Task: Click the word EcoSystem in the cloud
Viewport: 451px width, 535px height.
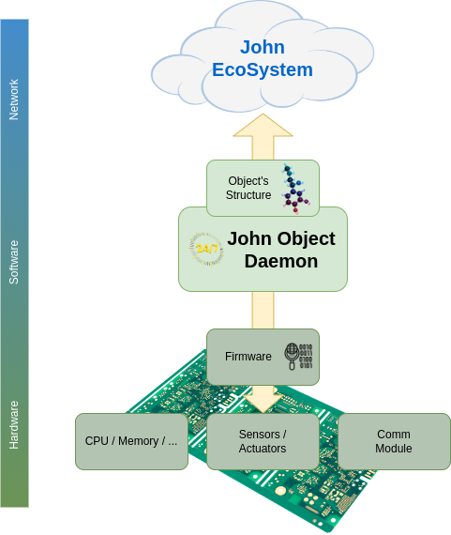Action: point(263,70)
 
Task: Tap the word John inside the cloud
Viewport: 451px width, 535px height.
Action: point(263,47)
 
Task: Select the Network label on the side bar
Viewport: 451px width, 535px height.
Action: point(14,99)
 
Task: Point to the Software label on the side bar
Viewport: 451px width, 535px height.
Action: point(14,262)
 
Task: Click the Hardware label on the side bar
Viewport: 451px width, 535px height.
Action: point(14,425)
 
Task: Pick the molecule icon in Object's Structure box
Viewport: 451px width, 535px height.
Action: point(295,189)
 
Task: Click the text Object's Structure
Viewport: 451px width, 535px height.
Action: point(248,188)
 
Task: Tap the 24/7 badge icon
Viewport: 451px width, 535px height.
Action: point(206,249)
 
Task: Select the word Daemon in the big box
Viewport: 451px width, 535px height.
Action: point(281,261)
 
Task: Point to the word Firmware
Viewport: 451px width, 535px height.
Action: point(248,357)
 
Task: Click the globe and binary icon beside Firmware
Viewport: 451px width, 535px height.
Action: point(298,357)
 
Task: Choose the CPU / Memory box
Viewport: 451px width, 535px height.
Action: point(131,441)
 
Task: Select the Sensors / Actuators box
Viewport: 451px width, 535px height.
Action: point(263,441)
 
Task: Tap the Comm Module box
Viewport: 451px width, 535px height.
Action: point(394,441)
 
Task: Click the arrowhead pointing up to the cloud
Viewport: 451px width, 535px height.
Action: point(263,125)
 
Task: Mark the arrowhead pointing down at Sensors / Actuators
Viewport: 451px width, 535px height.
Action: point(263,403)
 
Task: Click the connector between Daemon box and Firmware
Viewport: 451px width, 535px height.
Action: point(263,310)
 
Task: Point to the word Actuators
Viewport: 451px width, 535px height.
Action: point(263,449)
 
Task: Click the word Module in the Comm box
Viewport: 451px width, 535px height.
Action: point(394,449)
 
